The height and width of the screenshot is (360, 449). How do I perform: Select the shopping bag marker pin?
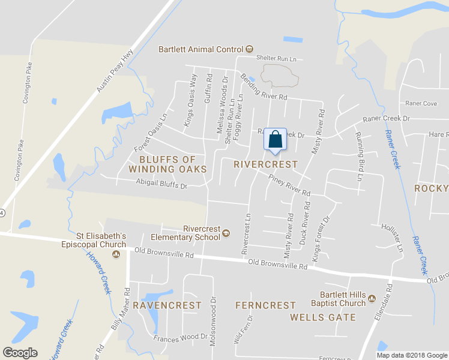275,139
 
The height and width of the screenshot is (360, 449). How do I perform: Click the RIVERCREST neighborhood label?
265,164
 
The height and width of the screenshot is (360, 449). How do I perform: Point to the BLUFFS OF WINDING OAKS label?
167,164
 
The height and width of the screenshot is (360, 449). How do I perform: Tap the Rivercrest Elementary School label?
202,232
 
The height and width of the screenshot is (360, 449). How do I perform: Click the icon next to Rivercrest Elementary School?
226,233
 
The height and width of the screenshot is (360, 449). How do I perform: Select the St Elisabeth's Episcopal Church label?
101,239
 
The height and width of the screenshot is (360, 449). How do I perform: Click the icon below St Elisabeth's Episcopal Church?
116,254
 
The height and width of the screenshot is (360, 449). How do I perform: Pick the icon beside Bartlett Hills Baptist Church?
372,299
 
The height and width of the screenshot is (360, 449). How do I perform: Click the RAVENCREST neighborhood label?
167,305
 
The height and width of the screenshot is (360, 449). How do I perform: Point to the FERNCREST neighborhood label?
266,305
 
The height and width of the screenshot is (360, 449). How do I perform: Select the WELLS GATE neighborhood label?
323,317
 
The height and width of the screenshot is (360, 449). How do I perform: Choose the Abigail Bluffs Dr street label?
161,185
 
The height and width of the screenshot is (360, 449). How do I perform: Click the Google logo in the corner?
20,353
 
